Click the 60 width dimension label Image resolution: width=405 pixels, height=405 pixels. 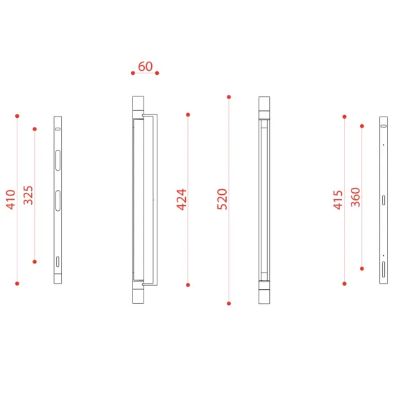(146, 67)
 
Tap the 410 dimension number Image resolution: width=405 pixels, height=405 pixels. (11, 200)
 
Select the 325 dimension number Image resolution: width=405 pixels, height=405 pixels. (28, 195)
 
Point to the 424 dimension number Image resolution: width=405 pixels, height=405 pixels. (181, 200)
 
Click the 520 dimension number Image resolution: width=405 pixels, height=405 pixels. (222, 199)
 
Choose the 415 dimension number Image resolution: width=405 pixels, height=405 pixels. (338, 200)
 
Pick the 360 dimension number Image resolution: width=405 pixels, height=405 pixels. (356, 197)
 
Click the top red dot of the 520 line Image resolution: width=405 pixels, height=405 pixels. (229, 97)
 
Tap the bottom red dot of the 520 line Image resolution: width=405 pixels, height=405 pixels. (229, 304)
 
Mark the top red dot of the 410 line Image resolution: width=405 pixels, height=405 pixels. (17, 116)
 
